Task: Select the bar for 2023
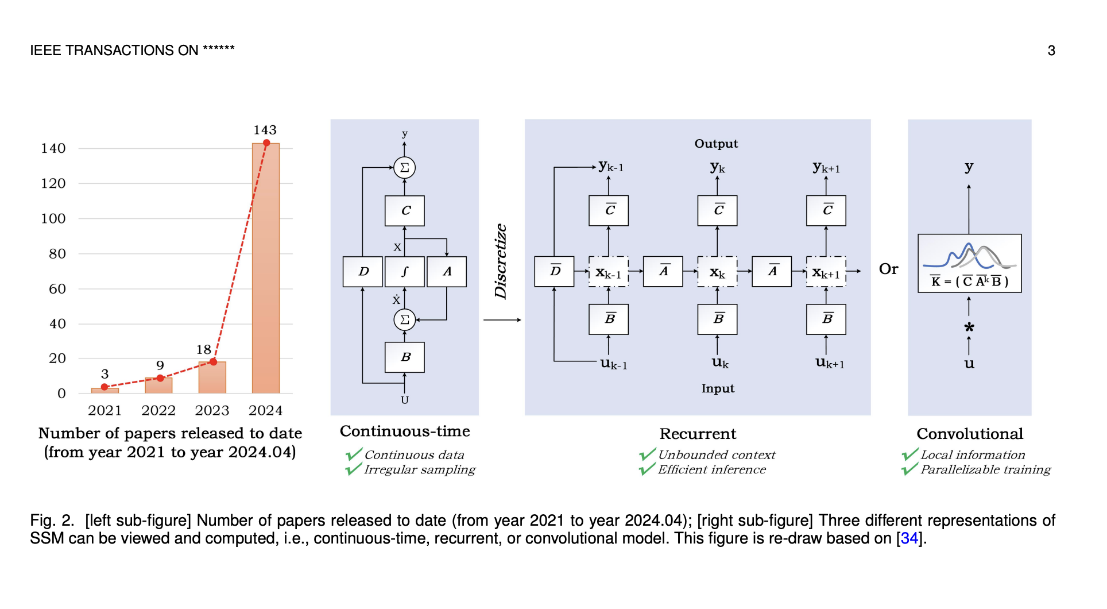click(x=212, y=377)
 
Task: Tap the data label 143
click(x=265, y=130)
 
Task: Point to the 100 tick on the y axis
click(x=53, y=219)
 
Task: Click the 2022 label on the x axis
click(x=158, y=410)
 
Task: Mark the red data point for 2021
click(x=104, y=387)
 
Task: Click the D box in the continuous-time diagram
click(x=363, y=272)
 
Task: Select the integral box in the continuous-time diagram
click(x=405, y=272)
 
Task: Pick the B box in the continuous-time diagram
click(x=405, y=357)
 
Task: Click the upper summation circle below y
click(x=405, y=168)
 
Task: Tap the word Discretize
click(x=501, y=261)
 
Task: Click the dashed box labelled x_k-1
click(x=609, y=272)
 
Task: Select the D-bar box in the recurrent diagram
click(x=554, y=272)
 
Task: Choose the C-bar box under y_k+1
click(x=826, y=210)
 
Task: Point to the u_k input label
click(x=719, y=363)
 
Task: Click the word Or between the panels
click(x=888, y=269)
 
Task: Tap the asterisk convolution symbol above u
click(x=969, y=328)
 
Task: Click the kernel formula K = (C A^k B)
click(x=969, y=282)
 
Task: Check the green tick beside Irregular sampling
click(x=353, y=469)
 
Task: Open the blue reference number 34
click(x=909, y=539)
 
